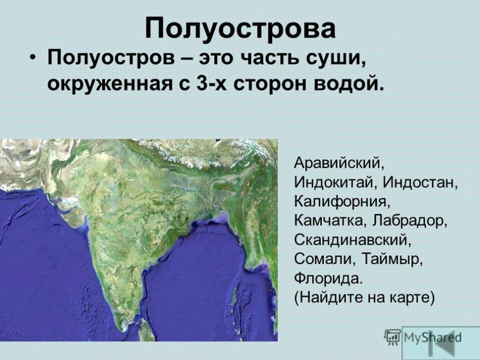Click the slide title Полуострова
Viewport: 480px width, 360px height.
click(240, 28)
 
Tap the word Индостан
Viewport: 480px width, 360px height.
click(420, 182)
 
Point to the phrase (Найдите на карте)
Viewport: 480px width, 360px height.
click(364, 297)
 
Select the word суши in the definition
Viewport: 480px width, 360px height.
click(336, 58)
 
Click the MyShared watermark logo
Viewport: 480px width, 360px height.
click(423, 337)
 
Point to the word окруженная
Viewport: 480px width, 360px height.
click(109, 83)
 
